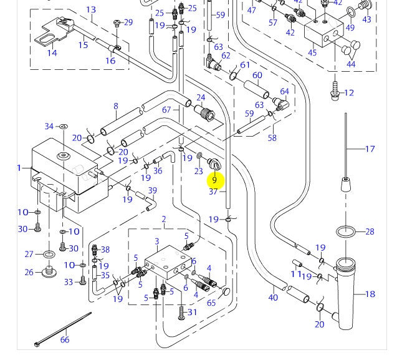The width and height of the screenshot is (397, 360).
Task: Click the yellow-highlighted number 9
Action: point(214,180)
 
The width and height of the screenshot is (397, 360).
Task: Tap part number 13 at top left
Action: point(91,9)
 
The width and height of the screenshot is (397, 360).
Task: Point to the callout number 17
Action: point(370,149)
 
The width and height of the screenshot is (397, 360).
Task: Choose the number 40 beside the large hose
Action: point(273,298)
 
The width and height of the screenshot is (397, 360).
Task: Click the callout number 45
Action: point(312,52)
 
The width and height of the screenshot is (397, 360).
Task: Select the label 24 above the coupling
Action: point(201,97)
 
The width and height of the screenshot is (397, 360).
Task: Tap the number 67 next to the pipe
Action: point(166,110)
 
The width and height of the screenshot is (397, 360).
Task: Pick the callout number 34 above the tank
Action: point(49,127)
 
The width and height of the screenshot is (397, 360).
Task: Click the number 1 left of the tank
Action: point(19,168)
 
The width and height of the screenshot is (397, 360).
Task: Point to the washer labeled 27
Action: point(47,255)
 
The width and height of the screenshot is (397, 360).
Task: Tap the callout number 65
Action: point(211,303)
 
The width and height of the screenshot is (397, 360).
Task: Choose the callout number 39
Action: point(152,190)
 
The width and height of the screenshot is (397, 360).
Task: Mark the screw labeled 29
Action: point(117,24)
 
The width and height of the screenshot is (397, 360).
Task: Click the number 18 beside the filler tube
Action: point(370,294)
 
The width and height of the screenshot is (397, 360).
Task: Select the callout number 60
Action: point(257,75)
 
